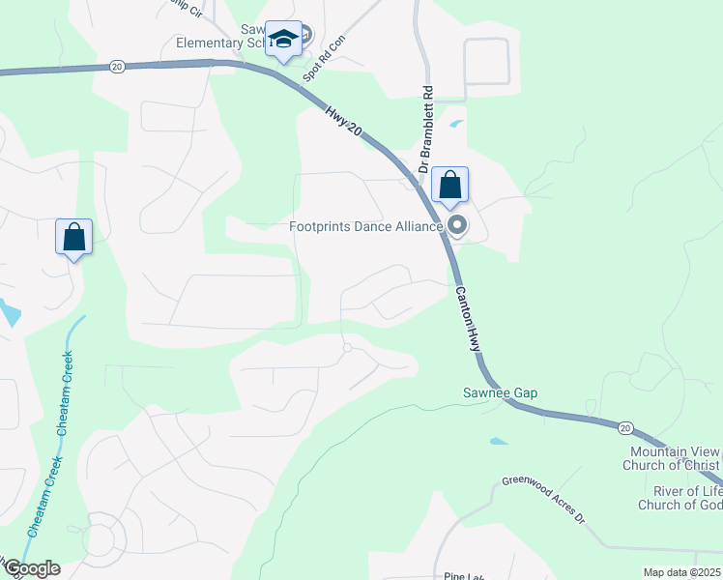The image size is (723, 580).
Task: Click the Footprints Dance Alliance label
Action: (x=366, y=227)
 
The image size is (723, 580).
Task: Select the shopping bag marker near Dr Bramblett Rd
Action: (x=450, y=185)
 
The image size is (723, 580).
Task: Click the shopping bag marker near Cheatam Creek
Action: (x=74, y=237)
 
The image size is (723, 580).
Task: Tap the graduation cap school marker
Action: (x=283, y=40)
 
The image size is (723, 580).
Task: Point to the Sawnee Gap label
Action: (x=499, y=393)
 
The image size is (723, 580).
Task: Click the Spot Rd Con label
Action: (x=335, y=46)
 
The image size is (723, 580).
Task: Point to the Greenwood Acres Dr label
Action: (x=544, y=498)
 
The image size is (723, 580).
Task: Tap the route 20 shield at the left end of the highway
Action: (x=117, y=66)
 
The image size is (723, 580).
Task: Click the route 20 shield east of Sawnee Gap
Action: (x=624, y=427)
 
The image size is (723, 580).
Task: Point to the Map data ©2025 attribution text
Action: (x=682, y=572)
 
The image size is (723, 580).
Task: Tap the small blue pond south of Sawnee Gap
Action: (x=498, y=441)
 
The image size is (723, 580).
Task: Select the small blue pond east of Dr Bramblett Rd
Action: (x=456, y=124)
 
